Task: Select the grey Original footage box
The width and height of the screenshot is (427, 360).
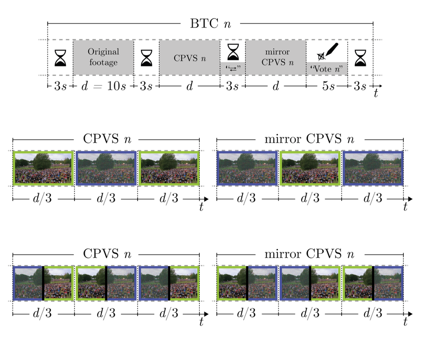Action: click(x=103, y=57)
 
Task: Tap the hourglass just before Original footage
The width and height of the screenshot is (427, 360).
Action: click(x=60, y=57)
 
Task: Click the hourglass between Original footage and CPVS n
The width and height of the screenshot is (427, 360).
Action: click(x=146, y=57)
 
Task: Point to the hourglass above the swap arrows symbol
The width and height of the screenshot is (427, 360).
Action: click(x=232, y=50)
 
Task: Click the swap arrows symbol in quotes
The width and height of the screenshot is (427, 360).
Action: click(x=232, y=68)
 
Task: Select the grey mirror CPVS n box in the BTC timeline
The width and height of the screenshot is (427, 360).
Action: click(x=275, y=57)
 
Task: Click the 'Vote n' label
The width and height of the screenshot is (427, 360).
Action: click(x=327, y=69)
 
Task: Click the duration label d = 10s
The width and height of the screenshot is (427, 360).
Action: click(x=103, y=87)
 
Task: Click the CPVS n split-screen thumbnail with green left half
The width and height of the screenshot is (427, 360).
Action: click(x=106, y=284)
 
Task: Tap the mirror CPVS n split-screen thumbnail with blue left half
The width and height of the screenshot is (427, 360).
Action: click(x=310, y=284)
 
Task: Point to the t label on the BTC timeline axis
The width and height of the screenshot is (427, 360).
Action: click(x=376, y=94)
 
